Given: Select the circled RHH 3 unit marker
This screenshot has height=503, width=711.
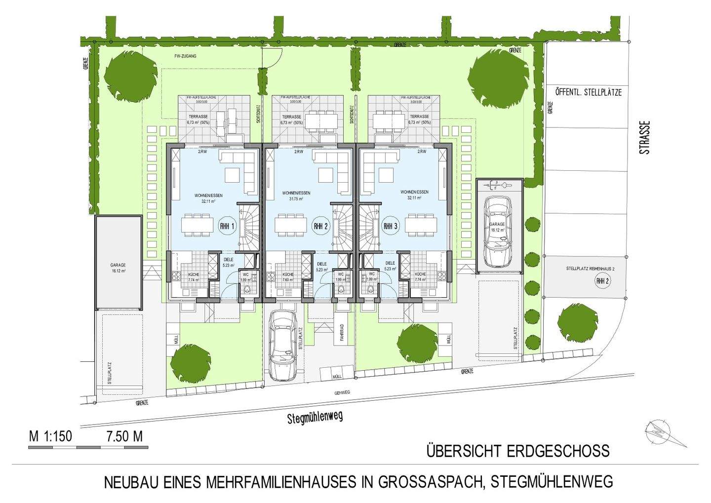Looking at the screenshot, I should [x=390, y=226].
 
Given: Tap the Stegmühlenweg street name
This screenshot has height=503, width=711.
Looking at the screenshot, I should [x=315, y=418].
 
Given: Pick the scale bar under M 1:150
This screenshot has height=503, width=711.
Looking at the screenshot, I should [x=88, y=447].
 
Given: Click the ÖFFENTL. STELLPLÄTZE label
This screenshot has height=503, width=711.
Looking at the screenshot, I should [x=588, y=92].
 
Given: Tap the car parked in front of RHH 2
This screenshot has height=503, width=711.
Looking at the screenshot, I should [x=283, y=345].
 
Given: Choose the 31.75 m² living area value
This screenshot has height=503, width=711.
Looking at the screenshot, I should [x=296, y=199].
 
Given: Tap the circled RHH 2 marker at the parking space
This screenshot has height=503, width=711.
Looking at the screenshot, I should [x=601, y=281].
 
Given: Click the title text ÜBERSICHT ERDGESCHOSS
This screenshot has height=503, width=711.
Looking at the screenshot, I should [x=518, y=451].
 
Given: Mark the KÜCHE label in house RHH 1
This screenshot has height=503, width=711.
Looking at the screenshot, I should [x=193, y=274].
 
